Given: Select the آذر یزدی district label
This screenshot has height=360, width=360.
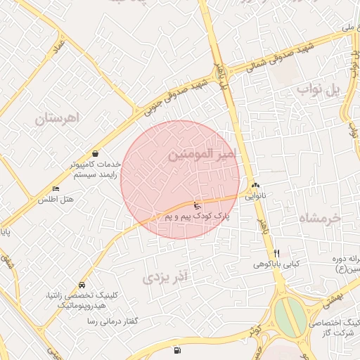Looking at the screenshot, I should (167, 277).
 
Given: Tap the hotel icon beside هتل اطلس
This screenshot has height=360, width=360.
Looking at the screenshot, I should (56, 188).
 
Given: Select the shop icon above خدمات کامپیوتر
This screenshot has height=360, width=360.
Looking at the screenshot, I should (95, 153).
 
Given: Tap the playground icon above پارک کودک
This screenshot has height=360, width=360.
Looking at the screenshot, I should (196, 206).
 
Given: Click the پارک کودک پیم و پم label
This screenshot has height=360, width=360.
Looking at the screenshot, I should (198, 217).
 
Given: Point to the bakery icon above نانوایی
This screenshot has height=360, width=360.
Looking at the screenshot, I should (255, 186).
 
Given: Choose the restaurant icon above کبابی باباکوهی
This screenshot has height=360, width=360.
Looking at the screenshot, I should (277, 253).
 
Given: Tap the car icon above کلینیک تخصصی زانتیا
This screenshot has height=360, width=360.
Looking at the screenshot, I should (82, 285).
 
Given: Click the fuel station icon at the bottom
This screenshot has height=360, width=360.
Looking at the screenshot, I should (175, 349).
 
